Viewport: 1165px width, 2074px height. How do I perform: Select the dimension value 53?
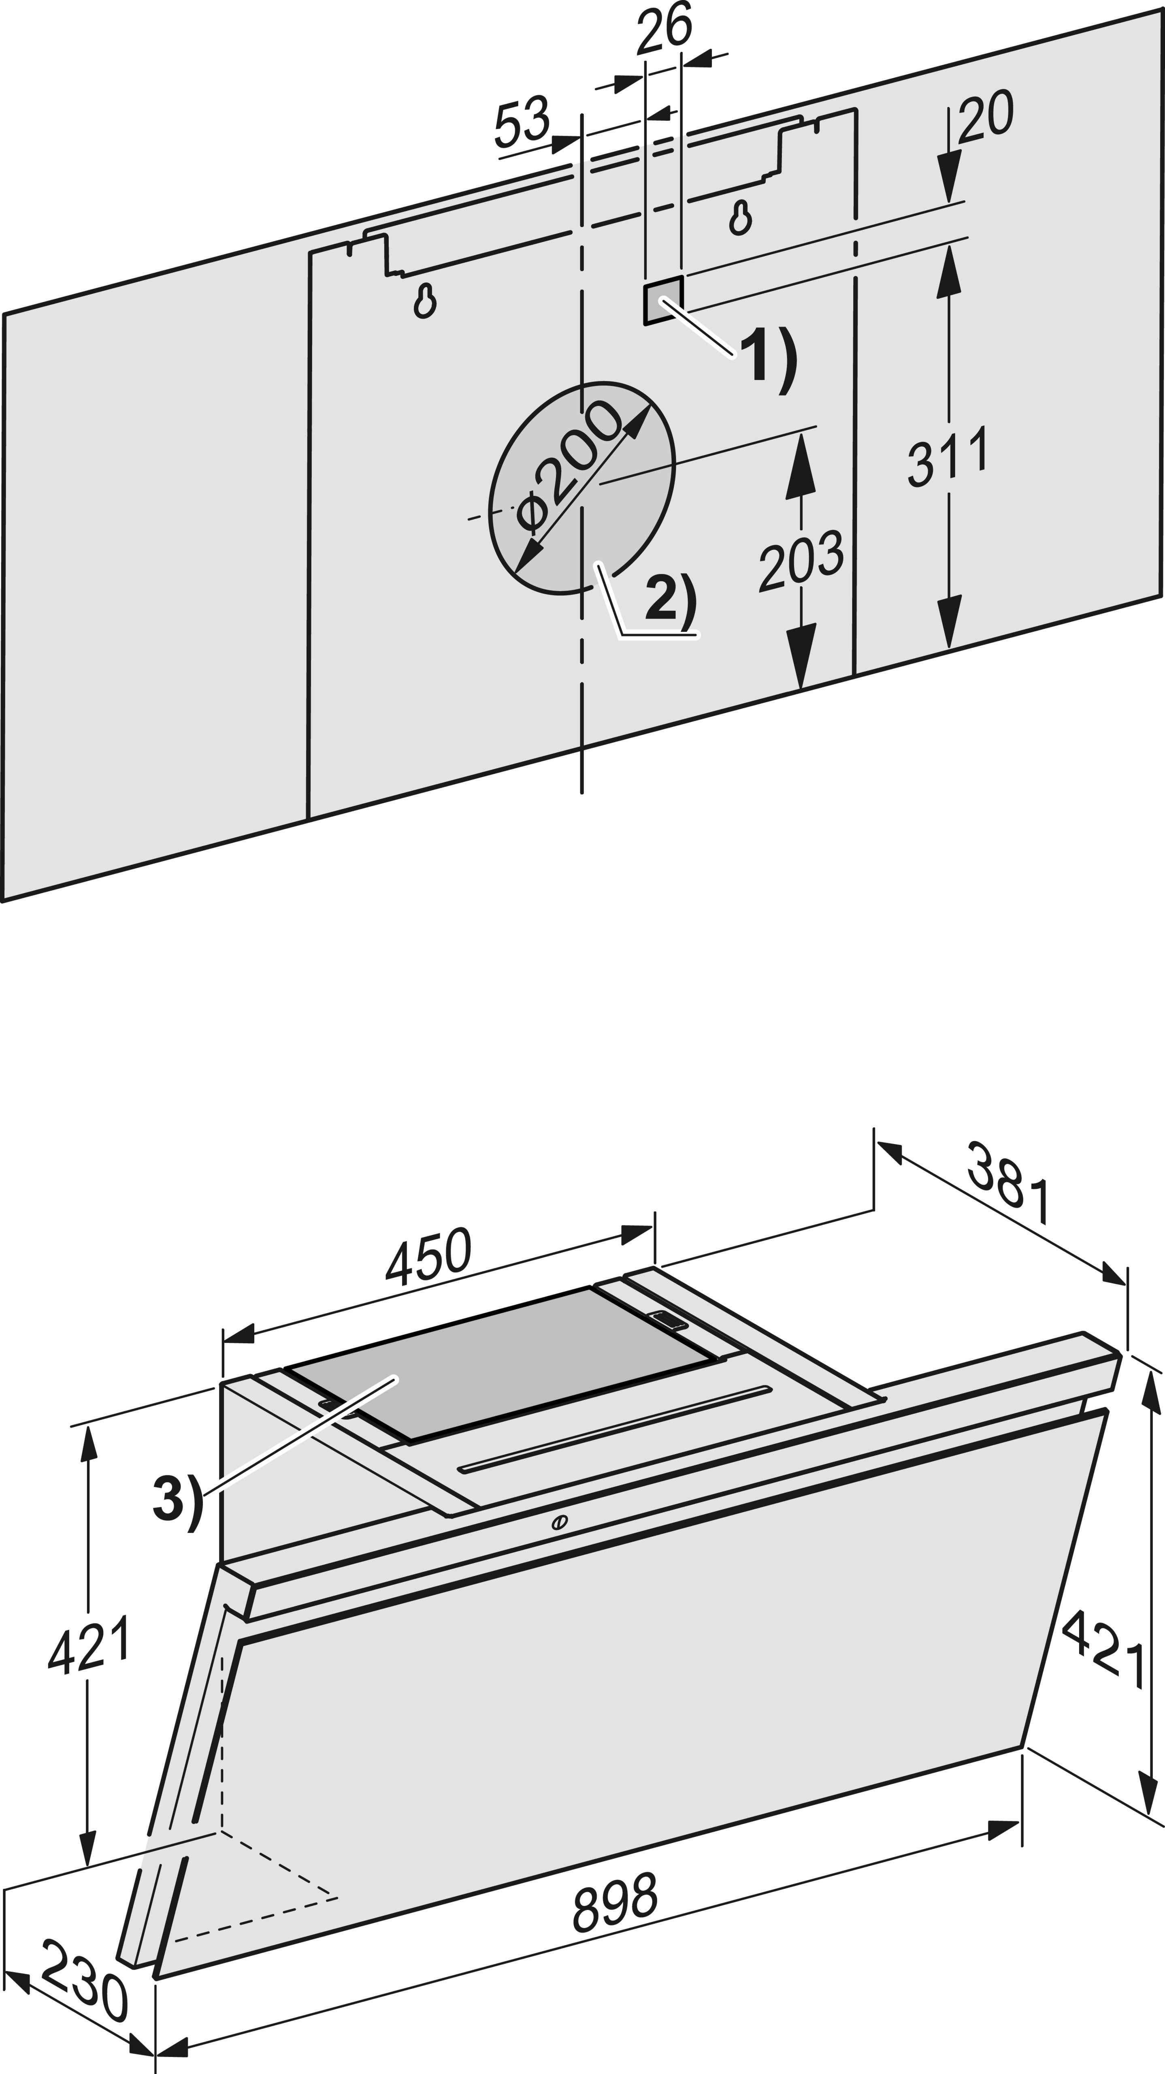click(x=522, y=122)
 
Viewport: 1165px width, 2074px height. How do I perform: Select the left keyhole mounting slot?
click(x=424, y=301)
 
